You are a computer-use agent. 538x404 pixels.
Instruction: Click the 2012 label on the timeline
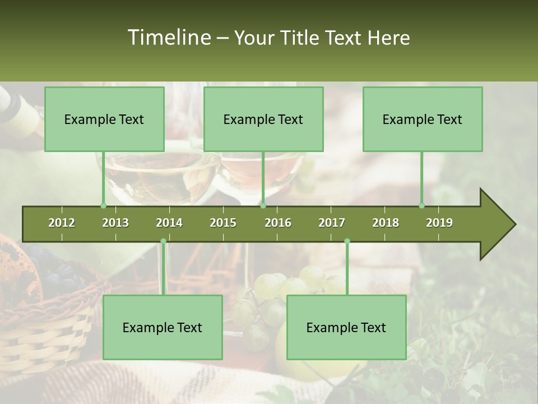(x=62, y=223)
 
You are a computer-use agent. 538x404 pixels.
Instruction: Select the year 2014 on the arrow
(x=169, y=223)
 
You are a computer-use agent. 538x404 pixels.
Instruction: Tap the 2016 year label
(x=278, y=223)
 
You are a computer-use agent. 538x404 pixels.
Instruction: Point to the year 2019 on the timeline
(x=439, y=223)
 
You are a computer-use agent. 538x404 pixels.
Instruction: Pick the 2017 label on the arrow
(x=332, y=223)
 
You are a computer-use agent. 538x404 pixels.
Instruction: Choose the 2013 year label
(x=115, y=223)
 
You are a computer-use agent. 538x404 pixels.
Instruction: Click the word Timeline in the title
(x=168, y=38)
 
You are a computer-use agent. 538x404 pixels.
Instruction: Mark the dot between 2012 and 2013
(x=103, y=206)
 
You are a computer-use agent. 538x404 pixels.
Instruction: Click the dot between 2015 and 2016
(x=263, y=206)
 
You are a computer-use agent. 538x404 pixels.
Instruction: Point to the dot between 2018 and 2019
(x=421, y=206)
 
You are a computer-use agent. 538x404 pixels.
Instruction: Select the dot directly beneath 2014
(x=163, y=241)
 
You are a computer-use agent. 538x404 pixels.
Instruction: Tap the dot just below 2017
(x=347, y=241)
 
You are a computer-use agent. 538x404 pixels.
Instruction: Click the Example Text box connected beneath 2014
(x=163, y=327)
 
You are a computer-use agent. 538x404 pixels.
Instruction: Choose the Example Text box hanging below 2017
(x=346, y=327)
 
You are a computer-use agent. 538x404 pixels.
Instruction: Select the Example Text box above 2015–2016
(x=263, y=119)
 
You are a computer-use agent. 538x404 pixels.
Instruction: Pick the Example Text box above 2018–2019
(x=423, y=119)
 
